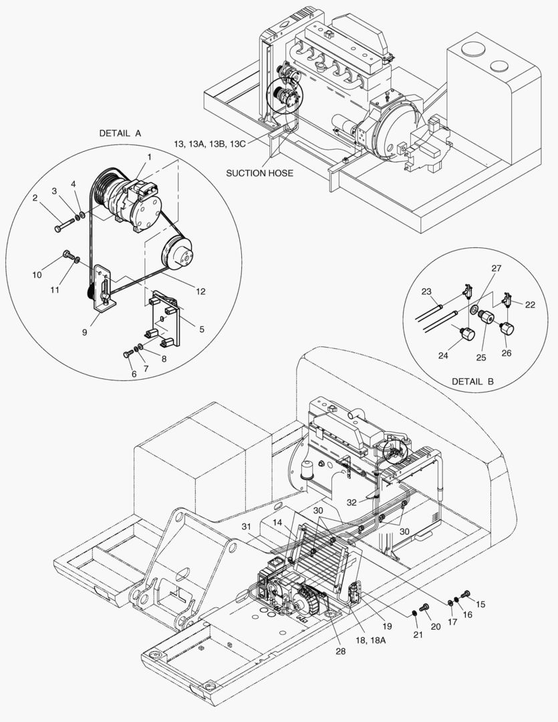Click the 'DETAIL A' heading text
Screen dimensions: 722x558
(120, 133)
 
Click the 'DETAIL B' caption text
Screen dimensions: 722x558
(472, 382)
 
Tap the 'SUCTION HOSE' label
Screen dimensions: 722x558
(259, 172)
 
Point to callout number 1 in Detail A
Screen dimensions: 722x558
(150, 156)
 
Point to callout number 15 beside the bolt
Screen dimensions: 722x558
(480, 604)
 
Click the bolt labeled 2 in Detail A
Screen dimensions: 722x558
(58, 229)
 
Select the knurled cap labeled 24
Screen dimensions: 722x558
(466, 332)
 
